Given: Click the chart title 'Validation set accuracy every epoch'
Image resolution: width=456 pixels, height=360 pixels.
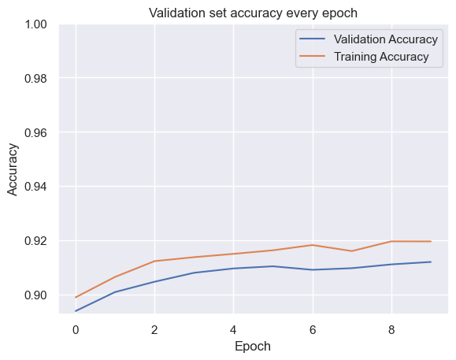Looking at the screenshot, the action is point(253,13).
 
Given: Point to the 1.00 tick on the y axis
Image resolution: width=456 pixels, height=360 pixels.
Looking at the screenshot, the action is point(35,24).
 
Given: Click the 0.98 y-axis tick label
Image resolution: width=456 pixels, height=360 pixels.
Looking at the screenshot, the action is point(35,79).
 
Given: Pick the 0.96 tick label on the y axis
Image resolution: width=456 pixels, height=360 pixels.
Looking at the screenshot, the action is point(35,133).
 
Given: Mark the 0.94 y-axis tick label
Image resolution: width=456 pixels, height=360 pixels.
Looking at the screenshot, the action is point(35,187).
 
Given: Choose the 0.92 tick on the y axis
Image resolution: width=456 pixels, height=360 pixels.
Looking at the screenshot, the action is point(35,241).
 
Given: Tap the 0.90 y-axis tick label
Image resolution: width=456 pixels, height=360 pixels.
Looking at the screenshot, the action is point(35,295).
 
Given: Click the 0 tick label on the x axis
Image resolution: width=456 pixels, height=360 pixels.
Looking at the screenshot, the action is point(76,330).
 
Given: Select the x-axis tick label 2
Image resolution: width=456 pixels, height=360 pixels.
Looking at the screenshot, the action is point(154,330).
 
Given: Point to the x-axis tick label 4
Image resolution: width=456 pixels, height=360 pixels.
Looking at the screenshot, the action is point(233,330).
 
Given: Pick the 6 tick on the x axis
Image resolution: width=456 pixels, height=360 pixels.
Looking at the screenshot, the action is point(313,330).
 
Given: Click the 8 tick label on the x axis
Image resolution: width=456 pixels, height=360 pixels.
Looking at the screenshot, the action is point(391,330).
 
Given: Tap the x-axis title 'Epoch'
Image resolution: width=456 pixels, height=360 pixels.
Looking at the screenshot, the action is point(253,347).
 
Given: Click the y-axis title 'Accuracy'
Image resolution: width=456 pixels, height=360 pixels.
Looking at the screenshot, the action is point(13,169).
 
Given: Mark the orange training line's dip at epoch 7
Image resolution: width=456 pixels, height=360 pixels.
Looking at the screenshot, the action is point(352,251).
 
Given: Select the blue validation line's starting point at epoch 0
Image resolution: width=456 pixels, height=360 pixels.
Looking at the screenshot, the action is point(76,311).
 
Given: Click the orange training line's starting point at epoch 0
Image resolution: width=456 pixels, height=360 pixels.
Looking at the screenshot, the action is point(76,297).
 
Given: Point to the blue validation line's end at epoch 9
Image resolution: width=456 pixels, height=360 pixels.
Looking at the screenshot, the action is point(431,262).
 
